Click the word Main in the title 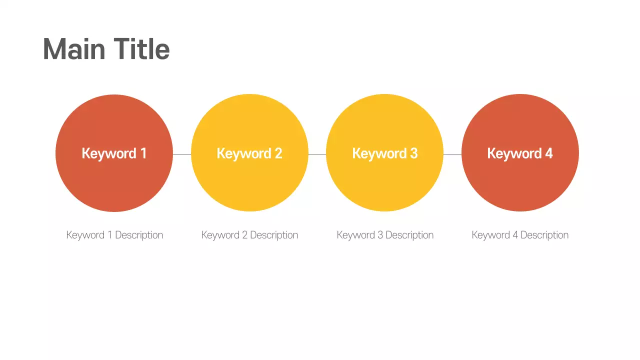74,49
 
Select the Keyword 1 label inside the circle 114,153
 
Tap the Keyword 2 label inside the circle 249,153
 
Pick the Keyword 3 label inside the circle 384,153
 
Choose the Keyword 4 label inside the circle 520,153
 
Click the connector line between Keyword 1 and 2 182,154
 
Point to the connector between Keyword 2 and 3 317,154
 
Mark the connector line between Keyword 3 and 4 452,154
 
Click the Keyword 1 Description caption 114,235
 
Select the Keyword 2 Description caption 249,235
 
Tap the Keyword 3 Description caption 385,235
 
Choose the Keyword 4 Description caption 520,235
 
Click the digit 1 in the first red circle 143,153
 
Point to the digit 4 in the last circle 548,153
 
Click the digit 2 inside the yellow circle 278,153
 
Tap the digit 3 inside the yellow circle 413,153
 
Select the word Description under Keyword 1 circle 139,235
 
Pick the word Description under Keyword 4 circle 544,235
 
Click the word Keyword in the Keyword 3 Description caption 355,235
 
